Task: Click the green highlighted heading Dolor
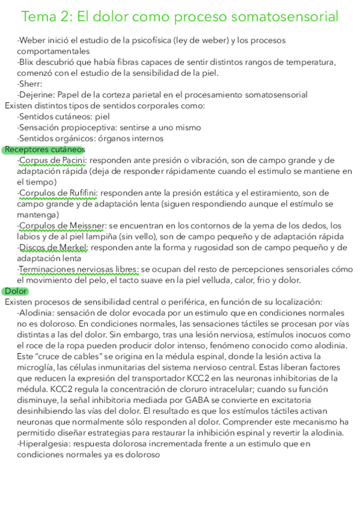pyautogui.click(x=16, y=291)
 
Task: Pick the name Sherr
pyautogui.click(x=29, y=84)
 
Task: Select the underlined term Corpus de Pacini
pyautogui.click(x=53, y=160)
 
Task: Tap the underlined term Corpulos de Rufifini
pyautogui.click(x=58, y=193)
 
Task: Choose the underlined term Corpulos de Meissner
pyautogui.click(x=62, y=226)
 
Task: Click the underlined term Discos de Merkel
pyautogui.click(x=53, y=247)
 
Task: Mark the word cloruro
pyautogui.click(x=218, y=389)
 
